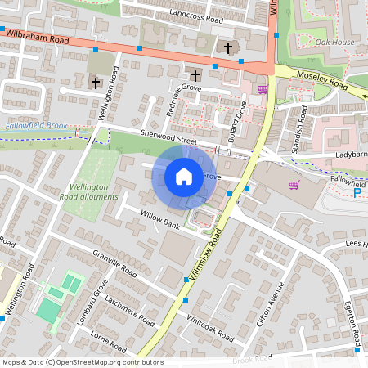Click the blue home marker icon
coord(183,177)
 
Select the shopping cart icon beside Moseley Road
coord(263,89)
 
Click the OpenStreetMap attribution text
coord(83,361)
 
